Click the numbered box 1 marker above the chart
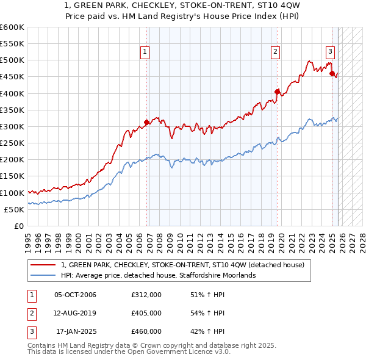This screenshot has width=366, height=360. tap(145, 52)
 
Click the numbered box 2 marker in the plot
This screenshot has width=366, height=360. tap(276, 52)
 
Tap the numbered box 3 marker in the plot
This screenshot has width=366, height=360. tap(330, 52)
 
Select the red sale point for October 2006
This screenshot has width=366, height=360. tap(147, 122)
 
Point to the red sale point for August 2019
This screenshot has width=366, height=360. tap(277, 92)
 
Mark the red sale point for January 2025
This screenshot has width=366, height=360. tap(332, 74)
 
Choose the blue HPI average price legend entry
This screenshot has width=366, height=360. tap(157, 275)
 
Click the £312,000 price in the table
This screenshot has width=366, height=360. tap(146, 295)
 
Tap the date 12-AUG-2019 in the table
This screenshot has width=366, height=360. tap(75, 313)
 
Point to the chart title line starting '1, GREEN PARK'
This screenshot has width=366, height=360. tap(182, 7)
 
